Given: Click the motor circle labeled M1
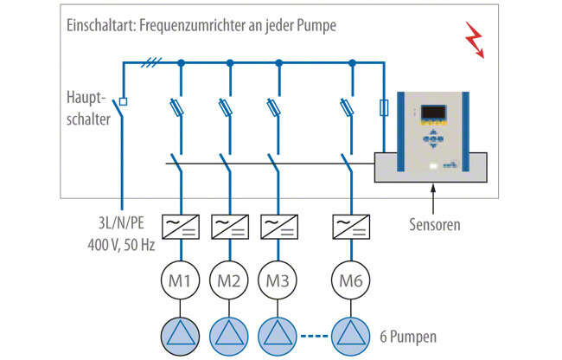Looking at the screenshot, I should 181,282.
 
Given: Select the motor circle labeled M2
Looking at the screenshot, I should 229,282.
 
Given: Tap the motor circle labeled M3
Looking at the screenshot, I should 278,282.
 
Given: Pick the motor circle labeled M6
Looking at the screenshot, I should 352,282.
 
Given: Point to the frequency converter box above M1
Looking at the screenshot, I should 181,228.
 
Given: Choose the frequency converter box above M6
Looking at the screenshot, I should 352,228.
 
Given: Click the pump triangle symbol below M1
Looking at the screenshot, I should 181,333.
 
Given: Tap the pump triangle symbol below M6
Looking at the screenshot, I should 352,333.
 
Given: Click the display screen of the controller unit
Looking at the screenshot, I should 434,113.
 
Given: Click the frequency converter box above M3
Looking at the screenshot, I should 278,228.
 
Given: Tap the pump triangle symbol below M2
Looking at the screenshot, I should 229,333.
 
